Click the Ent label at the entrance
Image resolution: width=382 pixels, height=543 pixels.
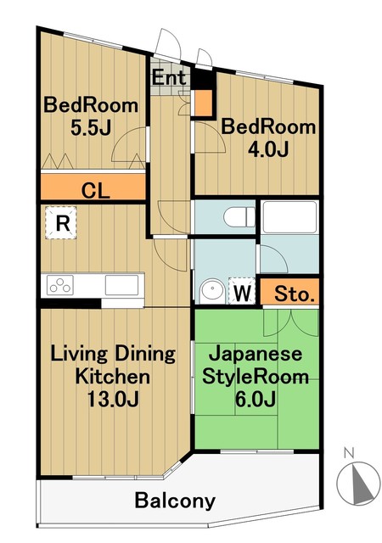click(169, 78)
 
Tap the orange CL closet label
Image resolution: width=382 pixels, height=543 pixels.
click(95, 190)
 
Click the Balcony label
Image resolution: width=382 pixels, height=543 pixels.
click(175, 500)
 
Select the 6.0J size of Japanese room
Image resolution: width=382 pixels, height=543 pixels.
click(255, 399)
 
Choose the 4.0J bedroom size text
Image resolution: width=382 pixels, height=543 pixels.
click(267, 150)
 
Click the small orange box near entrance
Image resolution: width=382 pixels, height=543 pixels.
click(204, 103)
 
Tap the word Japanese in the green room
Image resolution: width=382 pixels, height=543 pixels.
click(255, 354)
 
